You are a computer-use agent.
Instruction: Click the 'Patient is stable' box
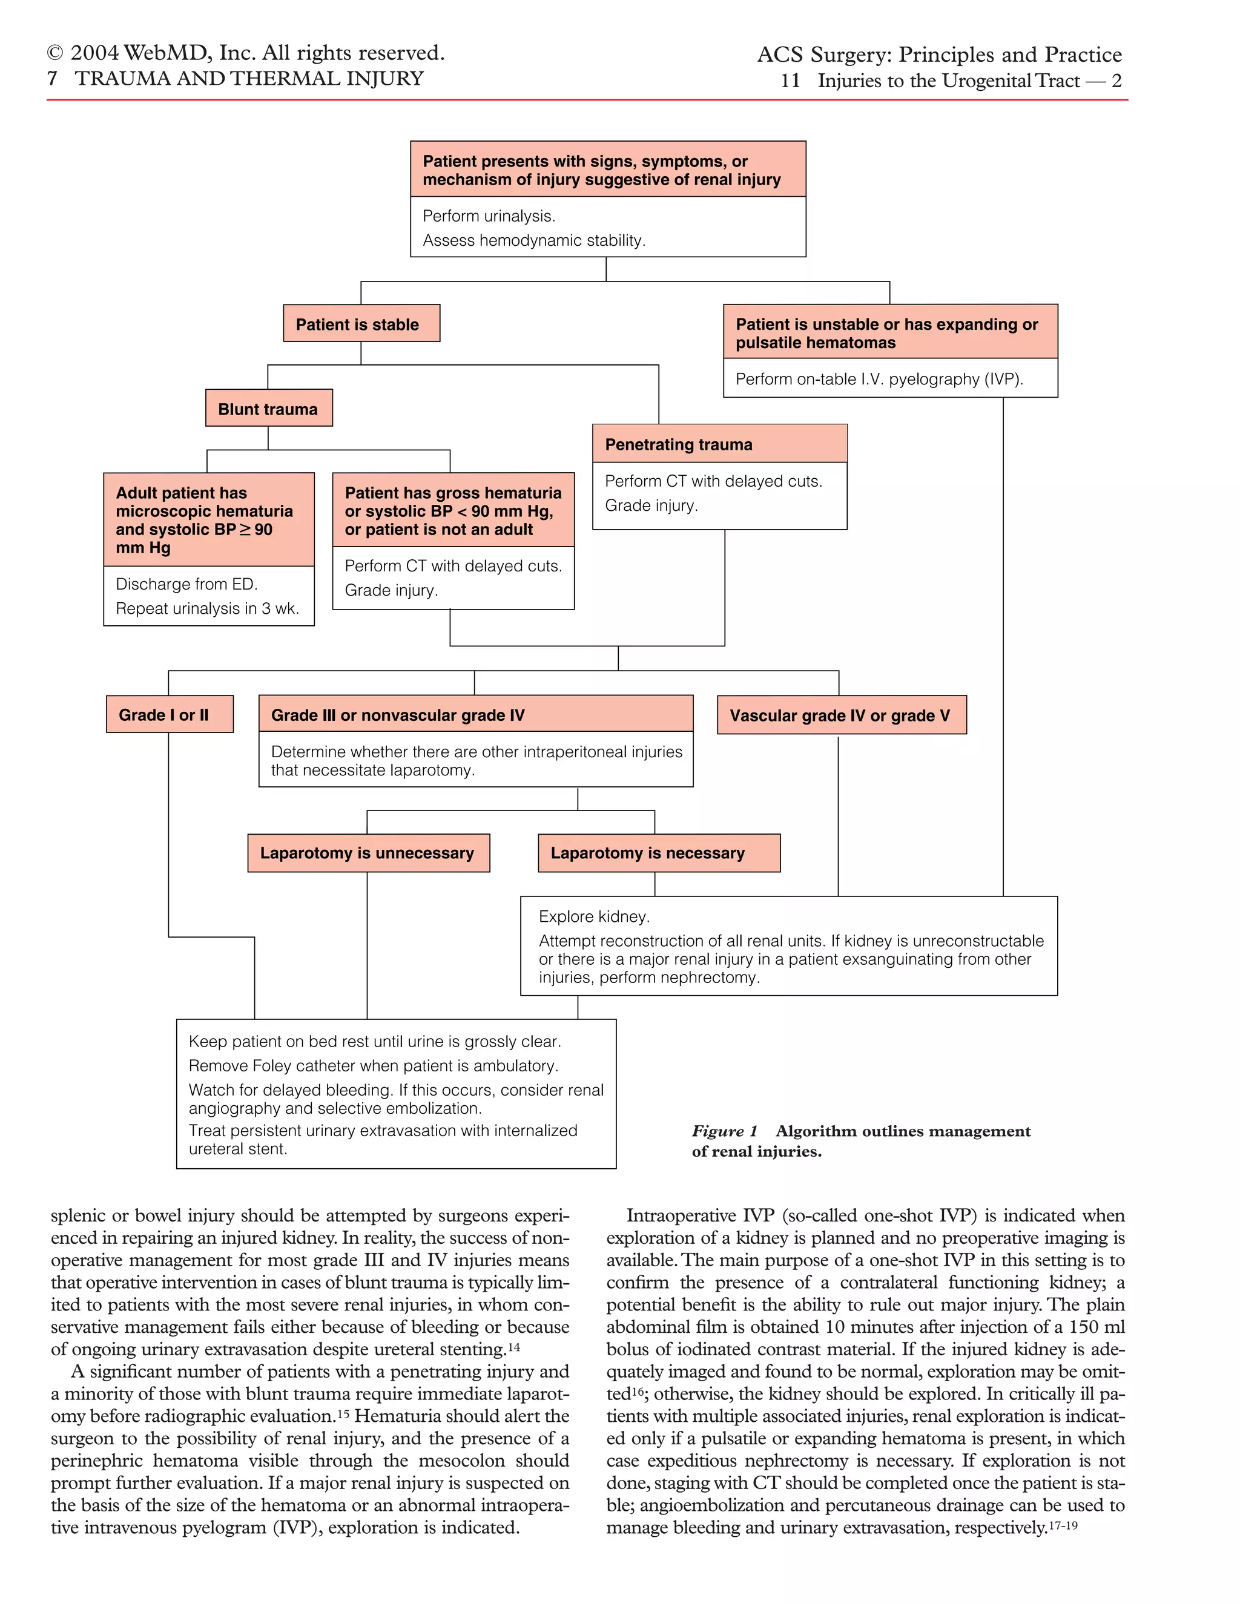[361, 323]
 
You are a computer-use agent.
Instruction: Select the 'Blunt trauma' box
[269, 409]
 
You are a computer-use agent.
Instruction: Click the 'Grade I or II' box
[170, 714]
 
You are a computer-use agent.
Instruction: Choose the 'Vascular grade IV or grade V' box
[841, 715]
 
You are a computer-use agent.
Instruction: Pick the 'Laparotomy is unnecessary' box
[368, 853]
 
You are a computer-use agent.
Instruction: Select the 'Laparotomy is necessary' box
[658, 853]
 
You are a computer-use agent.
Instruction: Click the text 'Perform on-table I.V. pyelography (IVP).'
[879, 379]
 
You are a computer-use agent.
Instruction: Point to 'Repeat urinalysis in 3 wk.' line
[207, 608]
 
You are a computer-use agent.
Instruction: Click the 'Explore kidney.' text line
[593, 916]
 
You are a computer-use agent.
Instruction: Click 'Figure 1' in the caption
[724, 1131]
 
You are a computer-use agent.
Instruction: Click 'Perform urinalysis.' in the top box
[489, 216]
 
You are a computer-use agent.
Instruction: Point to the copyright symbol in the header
[55, 53]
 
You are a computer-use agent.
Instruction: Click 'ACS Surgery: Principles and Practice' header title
[939, 54]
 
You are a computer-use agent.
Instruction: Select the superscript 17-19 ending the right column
[1062, 1525]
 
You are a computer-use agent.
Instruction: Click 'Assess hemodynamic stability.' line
[533, 240]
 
